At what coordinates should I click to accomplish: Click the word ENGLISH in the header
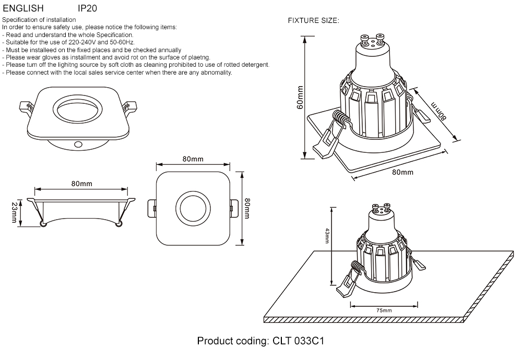point(20,9)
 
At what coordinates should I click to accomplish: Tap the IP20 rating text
point(87,9)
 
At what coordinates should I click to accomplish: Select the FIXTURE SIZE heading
point(314,21)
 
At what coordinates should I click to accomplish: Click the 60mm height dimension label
point(300,98)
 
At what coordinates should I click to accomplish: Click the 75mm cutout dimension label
point(384,310)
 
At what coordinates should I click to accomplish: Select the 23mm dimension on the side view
point(14,213)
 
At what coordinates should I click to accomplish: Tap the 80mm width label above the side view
point(82,184)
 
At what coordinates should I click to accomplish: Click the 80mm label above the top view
point(193,159)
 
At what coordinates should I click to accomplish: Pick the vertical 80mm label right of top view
point(247,208)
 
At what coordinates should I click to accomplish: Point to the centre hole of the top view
point(192,209)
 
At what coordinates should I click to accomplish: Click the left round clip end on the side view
point(43,224)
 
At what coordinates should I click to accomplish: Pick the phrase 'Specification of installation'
point(35,20)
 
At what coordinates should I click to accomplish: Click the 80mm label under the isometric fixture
point(402,172)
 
